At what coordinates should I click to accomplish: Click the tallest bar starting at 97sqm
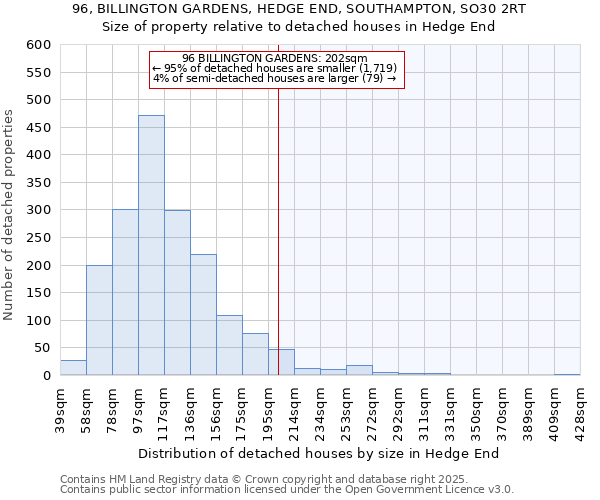coord(151,245)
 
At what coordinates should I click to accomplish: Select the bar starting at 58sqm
coord(99,320)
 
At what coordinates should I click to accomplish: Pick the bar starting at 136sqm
coord(203,315)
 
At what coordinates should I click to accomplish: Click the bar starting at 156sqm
coord(229,346)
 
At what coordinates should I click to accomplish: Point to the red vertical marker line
coord(278,220)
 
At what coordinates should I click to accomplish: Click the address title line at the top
coord(300,9)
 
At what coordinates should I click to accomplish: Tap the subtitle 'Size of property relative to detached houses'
coord(300,26)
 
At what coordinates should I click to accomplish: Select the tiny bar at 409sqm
coord(567,374)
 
